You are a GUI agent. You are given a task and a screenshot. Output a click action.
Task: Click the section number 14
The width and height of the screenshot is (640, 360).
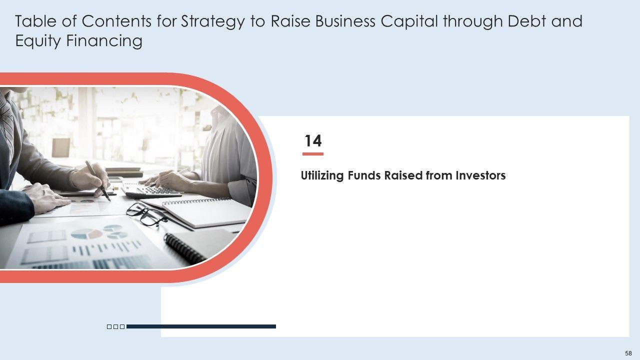pos(313,141)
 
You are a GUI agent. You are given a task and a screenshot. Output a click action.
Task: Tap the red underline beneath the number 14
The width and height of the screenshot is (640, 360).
pos(313,154)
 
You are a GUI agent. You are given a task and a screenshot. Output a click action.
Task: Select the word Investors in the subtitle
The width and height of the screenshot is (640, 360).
pos(480,175)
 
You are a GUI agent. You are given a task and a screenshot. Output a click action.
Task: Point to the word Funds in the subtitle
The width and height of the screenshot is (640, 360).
pos(363,175)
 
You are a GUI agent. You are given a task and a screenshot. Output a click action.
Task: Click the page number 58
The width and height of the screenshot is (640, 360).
pos(628,353)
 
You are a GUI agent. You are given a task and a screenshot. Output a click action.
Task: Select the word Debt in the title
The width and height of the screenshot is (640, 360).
pos(526,21)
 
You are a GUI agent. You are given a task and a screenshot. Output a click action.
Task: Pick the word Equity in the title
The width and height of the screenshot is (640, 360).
pos(38,41)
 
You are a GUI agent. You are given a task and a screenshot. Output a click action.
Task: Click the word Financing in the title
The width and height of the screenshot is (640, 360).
pos(104,41)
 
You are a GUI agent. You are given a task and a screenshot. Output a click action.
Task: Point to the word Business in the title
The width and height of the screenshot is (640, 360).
pos(345,21)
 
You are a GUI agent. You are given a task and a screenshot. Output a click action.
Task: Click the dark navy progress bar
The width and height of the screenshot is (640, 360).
pos(201,326)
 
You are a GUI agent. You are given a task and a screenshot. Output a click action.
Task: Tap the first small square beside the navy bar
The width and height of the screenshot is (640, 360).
pos(109,326)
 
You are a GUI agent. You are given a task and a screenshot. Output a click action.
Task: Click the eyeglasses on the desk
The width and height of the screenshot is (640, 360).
pos(146,215)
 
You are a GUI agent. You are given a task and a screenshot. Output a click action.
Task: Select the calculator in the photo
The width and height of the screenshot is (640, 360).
pos(152,190)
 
